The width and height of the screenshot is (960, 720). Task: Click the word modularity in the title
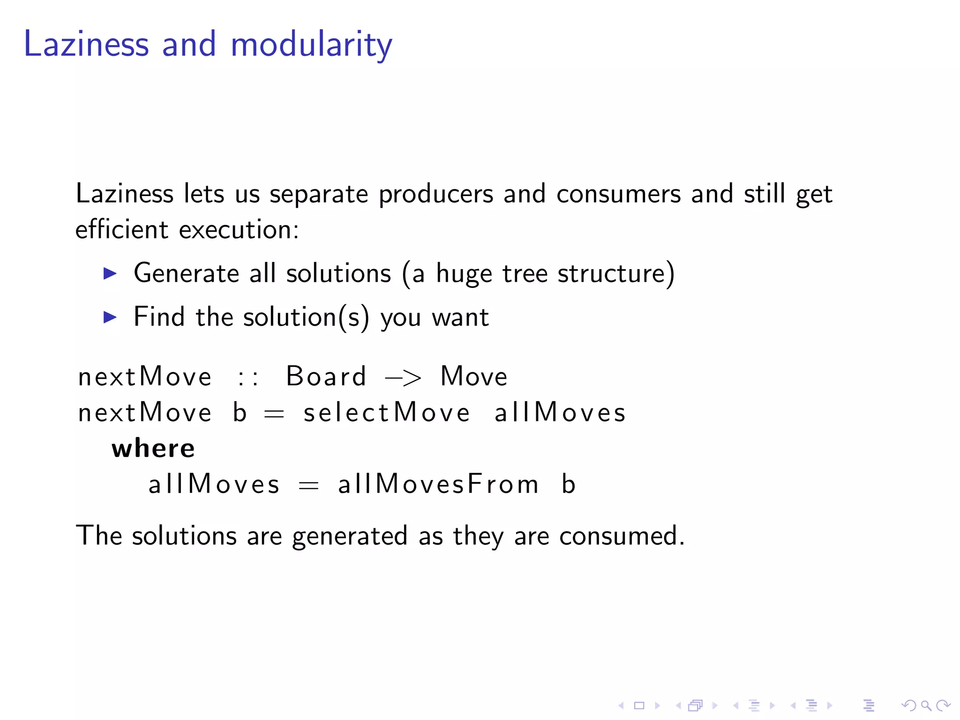coord(311,45)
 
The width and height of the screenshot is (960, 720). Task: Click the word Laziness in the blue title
coord(86,45)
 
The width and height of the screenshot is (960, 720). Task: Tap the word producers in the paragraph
coord(435,194)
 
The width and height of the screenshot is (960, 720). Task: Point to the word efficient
coord(121,230)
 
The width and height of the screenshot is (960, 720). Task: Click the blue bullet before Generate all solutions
coord(110,273)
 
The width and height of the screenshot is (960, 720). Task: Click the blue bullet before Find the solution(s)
coord(110,317)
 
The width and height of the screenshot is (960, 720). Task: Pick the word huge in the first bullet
coord(464,274)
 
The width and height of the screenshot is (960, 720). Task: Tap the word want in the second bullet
coord(460,318)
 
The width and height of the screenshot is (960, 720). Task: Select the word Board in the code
coord(326,376)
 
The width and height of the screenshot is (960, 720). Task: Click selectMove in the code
coord(386,413)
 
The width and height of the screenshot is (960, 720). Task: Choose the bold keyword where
coord(153,449)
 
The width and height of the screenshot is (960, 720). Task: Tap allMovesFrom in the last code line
coord(438,484)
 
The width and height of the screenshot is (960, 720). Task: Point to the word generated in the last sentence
coord(349,536)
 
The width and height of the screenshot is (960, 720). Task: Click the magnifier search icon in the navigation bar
coord(926,705)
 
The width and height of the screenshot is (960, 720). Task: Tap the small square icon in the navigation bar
coord(639,705)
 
